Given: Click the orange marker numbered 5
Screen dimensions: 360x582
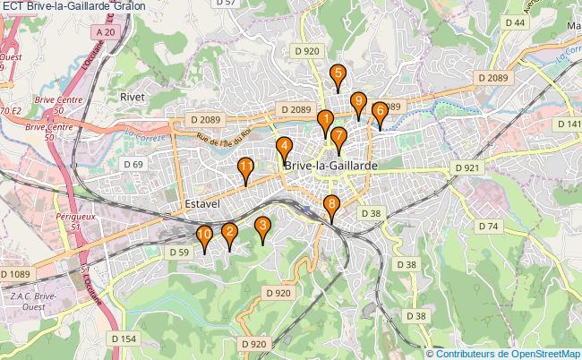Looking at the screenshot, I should (338, 75).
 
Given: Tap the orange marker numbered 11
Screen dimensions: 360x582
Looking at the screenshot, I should (245, 167).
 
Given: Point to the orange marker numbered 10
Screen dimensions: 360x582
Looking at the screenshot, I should (204, 237).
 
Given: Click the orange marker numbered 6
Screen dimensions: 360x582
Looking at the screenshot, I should (379, 113).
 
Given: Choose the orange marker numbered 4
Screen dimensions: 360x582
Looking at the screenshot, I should (284, 148).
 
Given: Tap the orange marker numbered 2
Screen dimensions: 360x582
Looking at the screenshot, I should (229, 234).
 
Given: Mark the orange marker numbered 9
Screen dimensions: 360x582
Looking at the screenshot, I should (358, 102).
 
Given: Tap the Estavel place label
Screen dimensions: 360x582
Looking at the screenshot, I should (201, 204).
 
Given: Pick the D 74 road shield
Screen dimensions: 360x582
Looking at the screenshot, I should (488, 227).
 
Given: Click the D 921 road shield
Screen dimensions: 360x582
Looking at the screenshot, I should (466, 167).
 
